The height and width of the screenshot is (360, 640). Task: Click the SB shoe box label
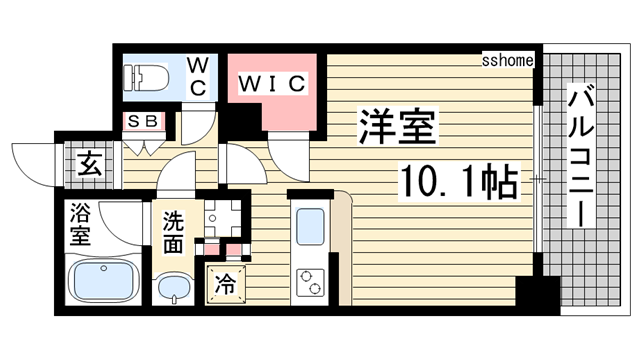pyautogui.click(x=138, y=122)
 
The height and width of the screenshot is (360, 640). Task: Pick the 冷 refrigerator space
pyautogui.click(x=226, y=284)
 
